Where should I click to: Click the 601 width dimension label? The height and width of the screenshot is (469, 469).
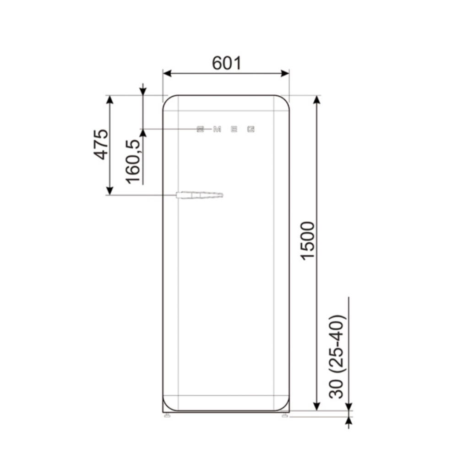click(226, 63)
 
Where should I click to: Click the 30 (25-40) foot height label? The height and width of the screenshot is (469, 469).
click(337, 356)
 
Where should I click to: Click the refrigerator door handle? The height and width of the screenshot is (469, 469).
click(200, 195)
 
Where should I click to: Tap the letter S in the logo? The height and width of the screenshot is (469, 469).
click(200, 129)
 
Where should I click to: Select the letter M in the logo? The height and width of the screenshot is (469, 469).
click(217, 129)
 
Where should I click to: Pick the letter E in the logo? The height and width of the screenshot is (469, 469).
click(234, 129)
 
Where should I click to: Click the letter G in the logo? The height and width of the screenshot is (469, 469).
click(251, 129)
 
